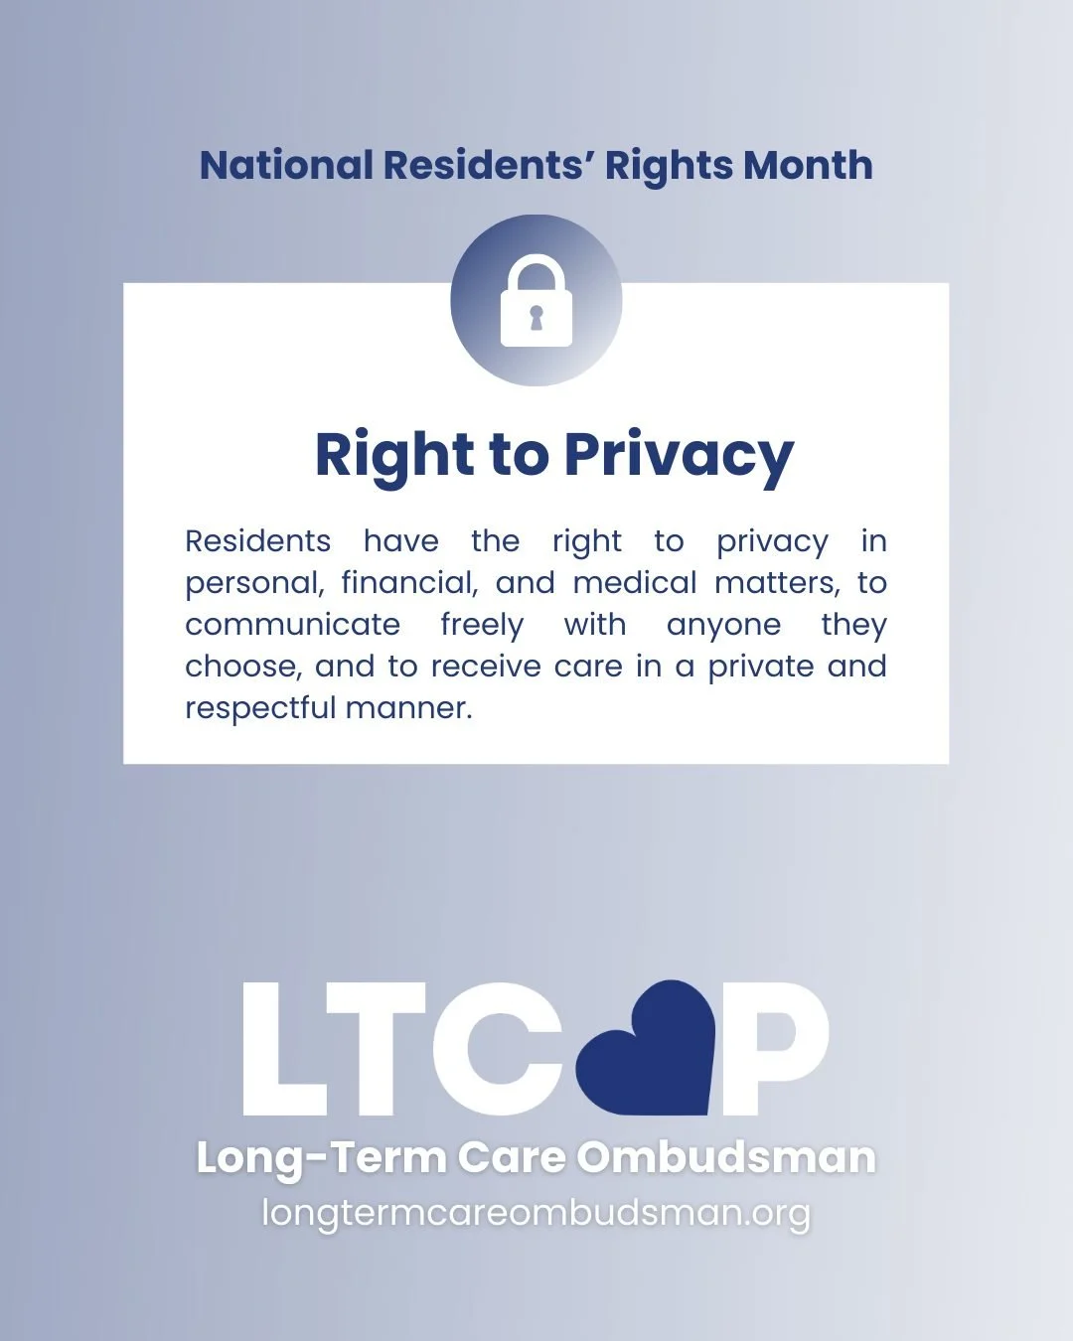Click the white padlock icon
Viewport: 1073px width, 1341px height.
(x=536, y=303)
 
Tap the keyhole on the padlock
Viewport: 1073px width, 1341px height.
(x=536, y=318)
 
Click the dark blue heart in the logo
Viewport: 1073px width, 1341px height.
(x=647, y=1048)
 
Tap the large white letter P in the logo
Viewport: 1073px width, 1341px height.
(x=775, y=1050)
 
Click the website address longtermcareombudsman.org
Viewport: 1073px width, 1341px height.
(x=536, y=1213)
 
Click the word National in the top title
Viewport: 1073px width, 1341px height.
(x=286, y=165)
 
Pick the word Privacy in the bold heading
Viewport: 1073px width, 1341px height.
(x=679, y=456)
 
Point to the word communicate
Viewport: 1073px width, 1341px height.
(x=292, y=625)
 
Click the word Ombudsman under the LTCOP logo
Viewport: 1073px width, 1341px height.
(x=726, y=1158)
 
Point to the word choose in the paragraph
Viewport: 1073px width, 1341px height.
(x=242, y=667)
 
